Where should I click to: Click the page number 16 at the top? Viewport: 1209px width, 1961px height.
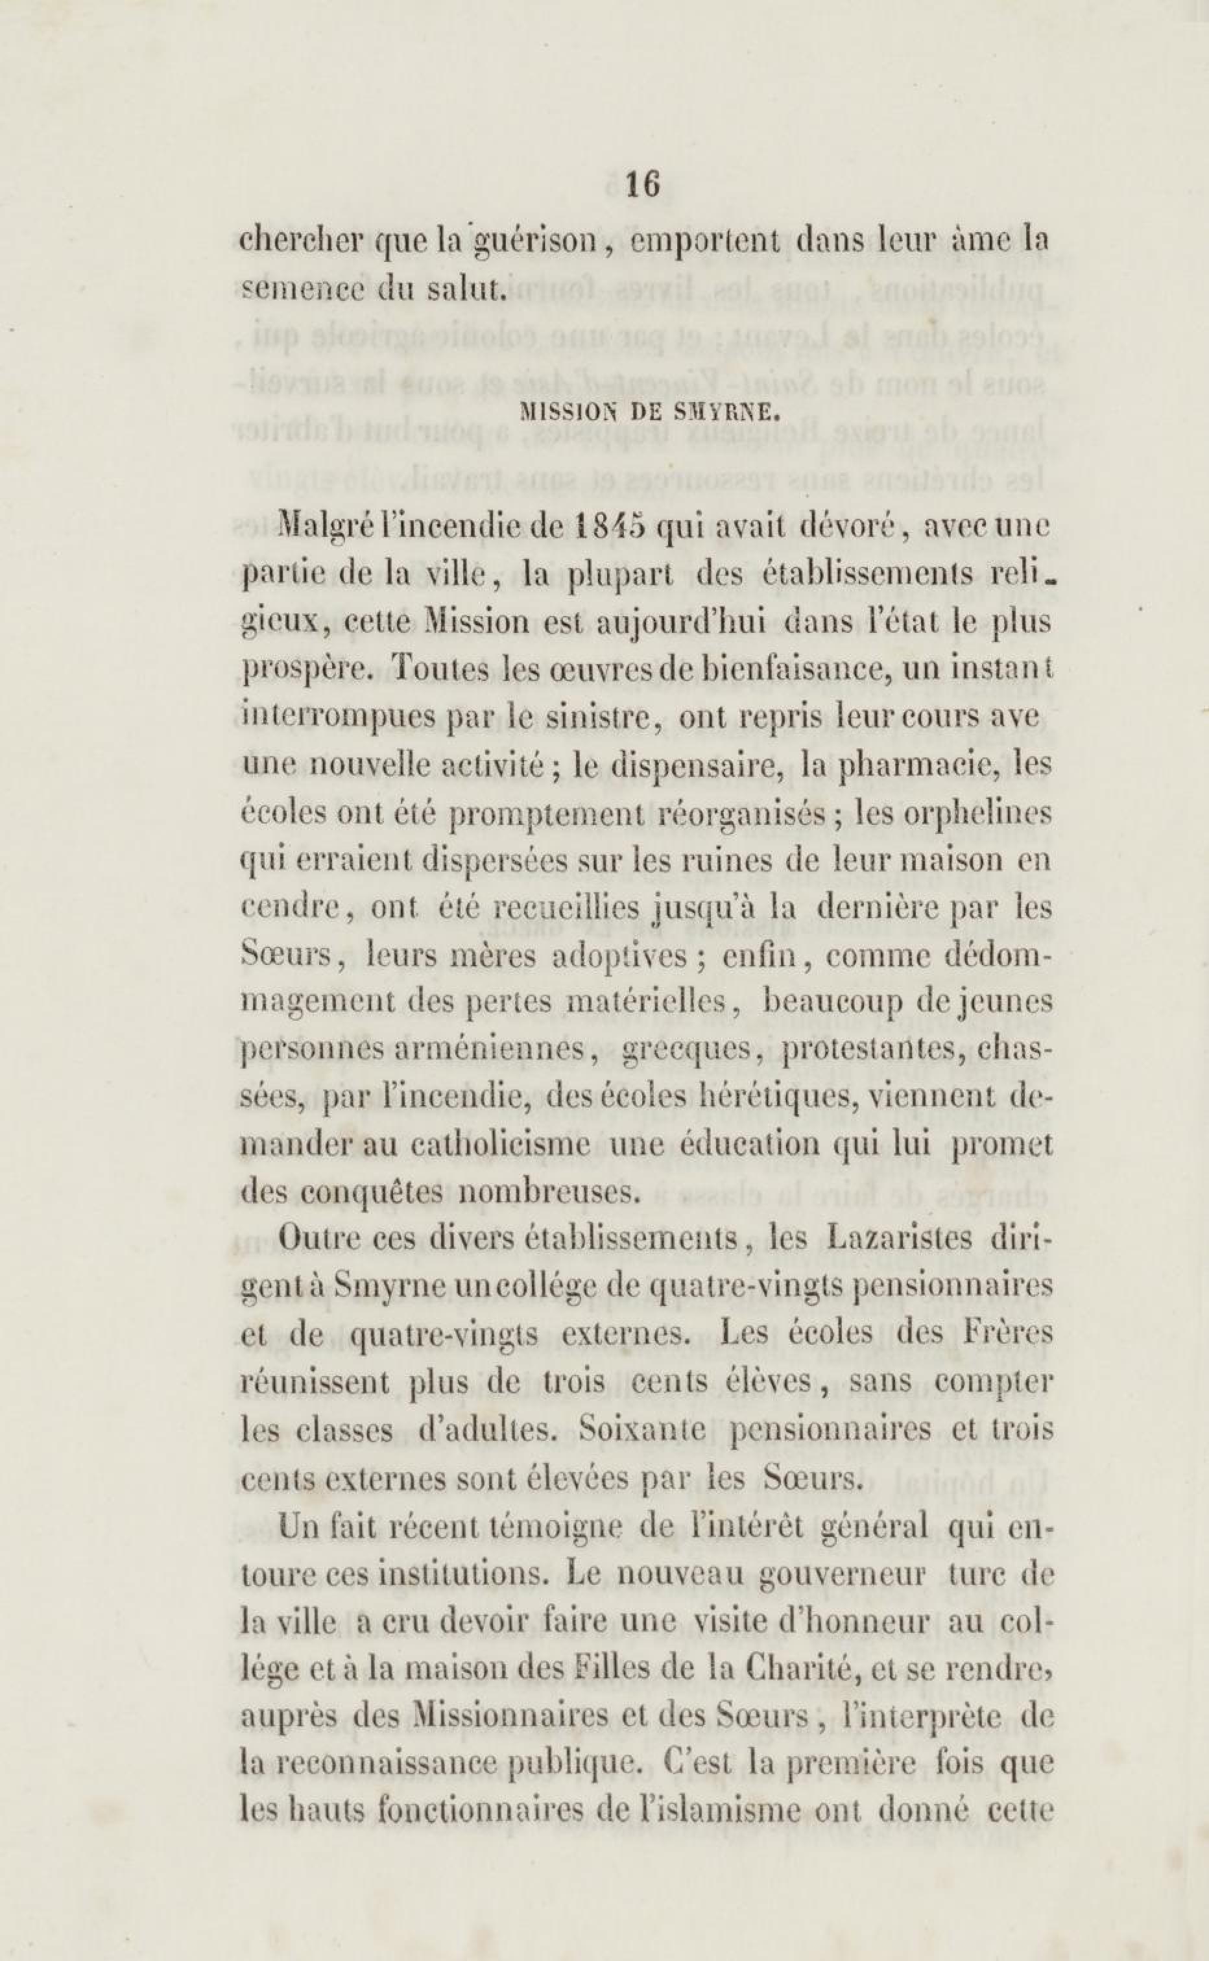tap(643, 184)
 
